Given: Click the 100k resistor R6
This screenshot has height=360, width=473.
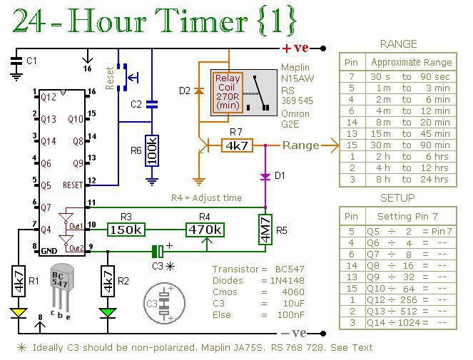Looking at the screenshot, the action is click(x=152, y=150).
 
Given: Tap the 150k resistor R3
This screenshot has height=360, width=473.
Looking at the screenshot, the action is click(x=126, y=230).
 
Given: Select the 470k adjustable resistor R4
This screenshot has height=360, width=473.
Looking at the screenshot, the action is click(x=205, y=230).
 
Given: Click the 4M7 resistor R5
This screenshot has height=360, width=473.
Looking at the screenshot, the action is click(x=265, y=230).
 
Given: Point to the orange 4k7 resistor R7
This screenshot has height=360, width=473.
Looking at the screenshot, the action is click(x=237, y=145).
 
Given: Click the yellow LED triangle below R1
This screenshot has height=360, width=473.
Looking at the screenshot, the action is click(x=19, y=312).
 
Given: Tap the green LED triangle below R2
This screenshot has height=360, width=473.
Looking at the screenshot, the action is click(x=108, y=312).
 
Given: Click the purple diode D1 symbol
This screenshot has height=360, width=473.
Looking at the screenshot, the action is click(x=265, y=177).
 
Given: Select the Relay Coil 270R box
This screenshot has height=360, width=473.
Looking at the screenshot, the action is click(x=228, y=93).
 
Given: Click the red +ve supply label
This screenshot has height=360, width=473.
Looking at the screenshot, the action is click(x=295, y=48).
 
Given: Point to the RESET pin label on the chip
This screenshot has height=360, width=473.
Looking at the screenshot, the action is click(x=73, y=185).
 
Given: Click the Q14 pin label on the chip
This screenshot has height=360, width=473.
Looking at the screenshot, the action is click(x=49, y=141).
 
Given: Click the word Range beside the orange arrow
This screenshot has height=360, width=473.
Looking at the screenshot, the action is click(x=301, y=145).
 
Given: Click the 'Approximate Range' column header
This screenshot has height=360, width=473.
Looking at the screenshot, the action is click(x=412, y=62).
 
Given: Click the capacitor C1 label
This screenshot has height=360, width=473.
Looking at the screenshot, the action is click(x=31, y=61).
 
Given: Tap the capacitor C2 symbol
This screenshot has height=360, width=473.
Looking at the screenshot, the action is click(x=152, y=105).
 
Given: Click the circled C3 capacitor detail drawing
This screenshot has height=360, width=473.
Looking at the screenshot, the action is click(x=164, y=303).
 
